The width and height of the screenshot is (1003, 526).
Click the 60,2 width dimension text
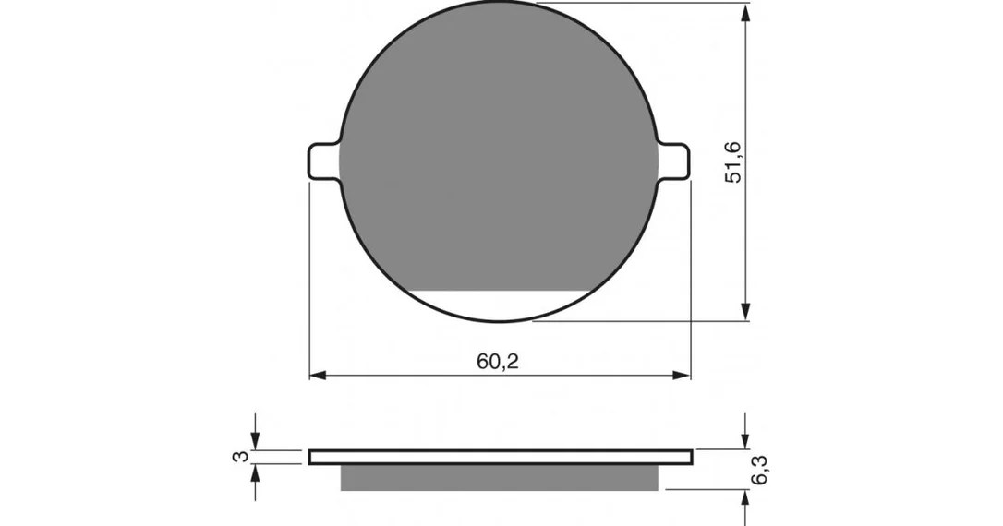pos(498,361)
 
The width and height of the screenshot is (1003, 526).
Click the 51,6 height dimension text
pos(733,162)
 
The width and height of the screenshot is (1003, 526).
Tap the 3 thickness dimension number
pos(240,457)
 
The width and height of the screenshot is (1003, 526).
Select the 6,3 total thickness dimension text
pos(761,471)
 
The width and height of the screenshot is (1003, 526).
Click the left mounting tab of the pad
pos(323,161)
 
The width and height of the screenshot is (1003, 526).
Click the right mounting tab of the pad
pos(673,161)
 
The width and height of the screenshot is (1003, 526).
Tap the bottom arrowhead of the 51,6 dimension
pos(745,311)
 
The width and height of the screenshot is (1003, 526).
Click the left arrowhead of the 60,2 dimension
pos(319,376)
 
